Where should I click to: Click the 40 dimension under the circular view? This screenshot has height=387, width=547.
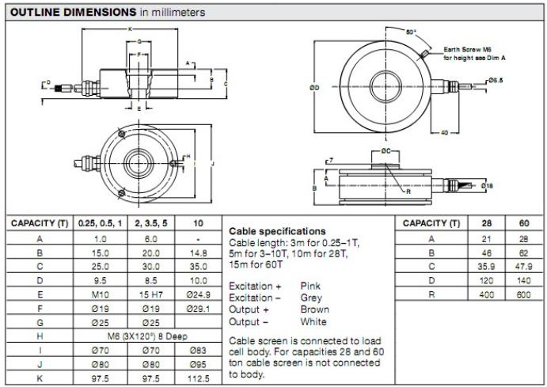443,131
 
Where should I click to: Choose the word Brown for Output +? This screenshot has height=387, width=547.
315,309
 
